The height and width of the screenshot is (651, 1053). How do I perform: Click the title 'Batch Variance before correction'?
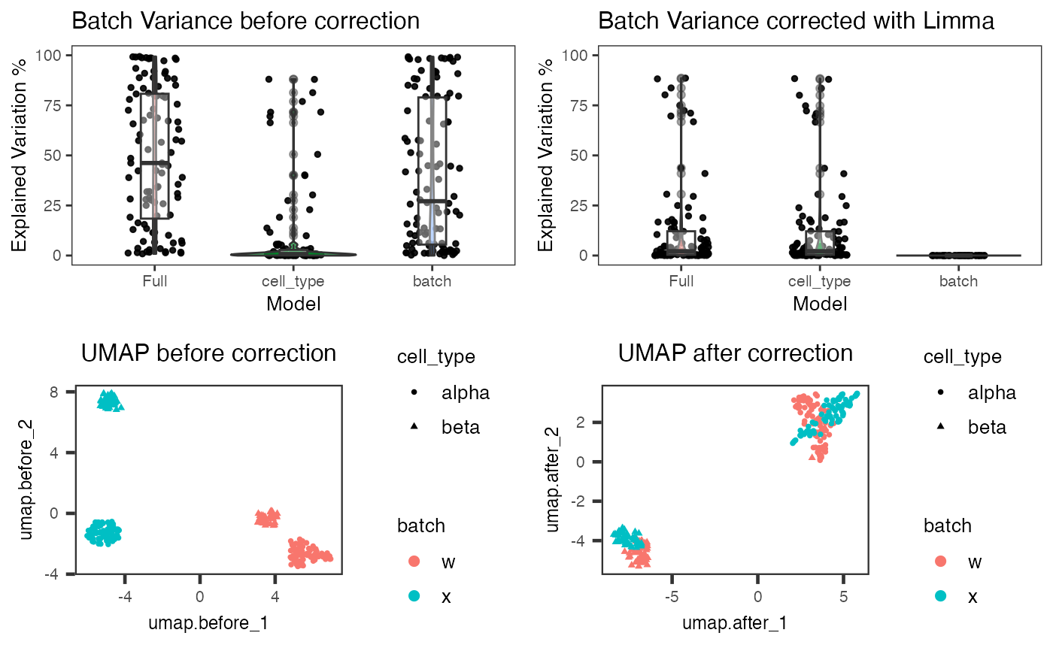click(x=245, y=21)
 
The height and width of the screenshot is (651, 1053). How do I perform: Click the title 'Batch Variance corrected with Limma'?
click(x=796, y=21)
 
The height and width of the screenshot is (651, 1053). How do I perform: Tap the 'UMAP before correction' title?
click(x=209, y=353)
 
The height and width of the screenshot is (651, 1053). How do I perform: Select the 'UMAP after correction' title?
click(x=736, y=353)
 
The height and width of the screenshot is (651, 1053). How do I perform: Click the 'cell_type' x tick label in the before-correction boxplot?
click(x=293, y=281)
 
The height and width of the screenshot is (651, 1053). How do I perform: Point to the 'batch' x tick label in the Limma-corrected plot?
click(x=958, y=281)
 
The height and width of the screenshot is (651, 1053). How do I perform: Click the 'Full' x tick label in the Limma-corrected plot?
click(x=681, y=281)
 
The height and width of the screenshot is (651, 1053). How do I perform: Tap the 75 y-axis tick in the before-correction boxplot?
click(x=53, y=105)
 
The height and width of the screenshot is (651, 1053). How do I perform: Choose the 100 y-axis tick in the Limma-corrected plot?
click(x=575, y=56)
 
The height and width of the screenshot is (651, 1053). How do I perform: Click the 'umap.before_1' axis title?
click(x=208, y=623)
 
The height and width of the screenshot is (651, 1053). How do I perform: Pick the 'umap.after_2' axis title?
click(x=553, y=480)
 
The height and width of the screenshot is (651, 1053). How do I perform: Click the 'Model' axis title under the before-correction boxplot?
click(x=293, y=304)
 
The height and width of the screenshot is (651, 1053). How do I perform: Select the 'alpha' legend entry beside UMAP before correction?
click(x=466, y=392)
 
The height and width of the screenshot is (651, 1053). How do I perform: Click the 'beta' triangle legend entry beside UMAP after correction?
click(x=941, y=426)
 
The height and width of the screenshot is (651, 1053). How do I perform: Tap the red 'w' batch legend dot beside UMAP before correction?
click(x=414, y=562)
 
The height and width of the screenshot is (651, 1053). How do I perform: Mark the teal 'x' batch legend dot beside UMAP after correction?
click(x=941, y=596)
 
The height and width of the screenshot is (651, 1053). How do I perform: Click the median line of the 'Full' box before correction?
click(x=155, y=163)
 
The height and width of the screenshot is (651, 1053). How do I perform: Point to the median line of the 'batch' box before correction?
click(x=432, y=201)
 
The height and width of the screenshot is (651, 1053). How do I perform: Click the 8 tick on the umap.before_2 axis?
click(x=53, y=392)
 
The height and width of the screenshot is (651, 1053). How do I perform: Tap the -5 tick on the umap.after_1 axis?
click(x=672, y=597)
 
